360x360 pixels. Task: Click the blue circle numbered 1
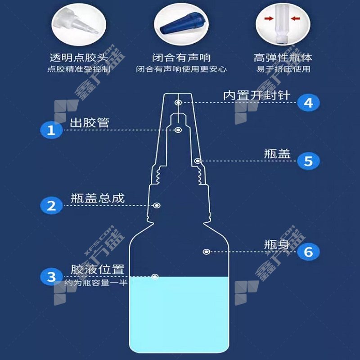51,130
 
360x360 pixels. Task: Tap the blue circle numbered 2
51,206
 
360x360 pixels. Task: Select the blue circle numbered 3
51,277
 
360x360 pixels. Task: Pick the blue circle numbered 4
308,103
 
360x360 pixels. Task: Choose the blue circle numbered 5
308,161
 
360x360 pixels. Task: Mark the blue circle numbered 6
308,252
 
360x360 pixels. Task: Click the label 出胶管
90,122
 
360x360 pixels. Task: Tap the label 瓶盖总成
98,198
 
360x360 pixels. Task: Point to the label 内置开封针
256,95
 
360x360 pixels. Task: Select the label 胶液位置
98,269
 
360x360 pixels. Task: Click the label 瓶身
277,244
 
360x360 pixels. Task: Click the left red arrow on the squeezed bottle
269,18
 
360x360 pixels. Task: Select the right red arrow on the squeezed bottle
296,18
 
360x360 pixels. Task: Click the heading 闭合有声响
181,58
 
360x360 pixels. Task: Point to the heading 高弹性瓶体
283,58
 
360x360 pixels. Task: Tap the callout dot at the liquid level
155,276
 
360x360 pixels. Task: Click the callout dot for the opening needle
178,103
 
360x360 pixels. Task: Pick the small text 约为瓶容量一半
96,283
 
